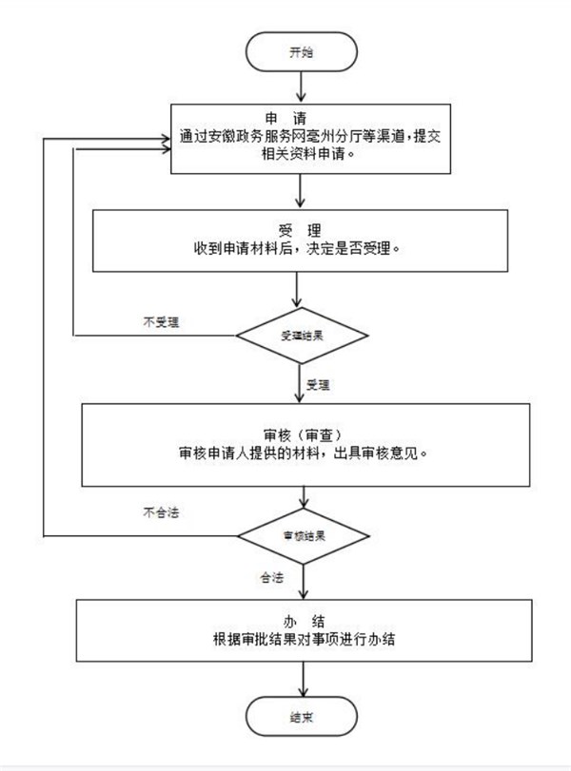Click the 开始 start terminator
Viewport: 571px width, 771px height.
[x=301, y=52]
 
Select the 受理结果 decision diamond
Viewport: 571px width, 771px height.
[x=301, y=336]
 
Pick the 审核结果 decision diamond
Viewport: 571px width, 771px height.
[x=301, y=536]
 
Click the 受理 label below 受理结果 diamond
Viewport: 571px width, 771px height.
[x=318, y=385]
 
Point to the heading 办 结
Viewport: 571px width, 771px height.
[x=301, y=621]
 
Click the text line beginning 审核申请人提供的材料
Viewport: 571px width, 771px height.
[x=302, y=453]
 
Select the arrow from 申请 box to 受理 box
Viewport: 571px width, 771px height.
[x=301, y=192]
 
